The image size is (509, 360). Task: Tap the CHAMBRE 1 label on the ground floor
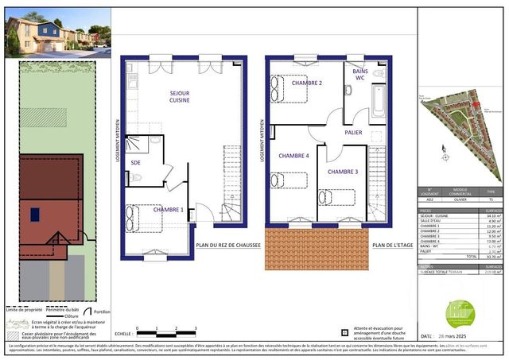(x=169, y=209)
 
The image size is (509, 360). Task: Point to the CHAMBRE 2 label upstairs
(x=306, y=83)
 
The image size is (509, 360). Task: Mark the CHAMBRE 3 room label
(x=343, y=172)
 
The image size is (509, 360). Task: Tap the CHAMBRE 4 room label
(x=293, y=156)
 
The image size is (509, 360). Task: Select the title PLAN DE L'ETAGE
(x=393, y=246)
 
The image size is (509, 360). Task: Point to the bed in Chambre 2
(x=286, y=86)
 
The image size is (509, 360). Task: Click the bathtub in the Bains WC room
(x=379, y=101)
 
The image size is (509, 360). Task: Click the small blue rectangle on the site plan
(x=34, y=213)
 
